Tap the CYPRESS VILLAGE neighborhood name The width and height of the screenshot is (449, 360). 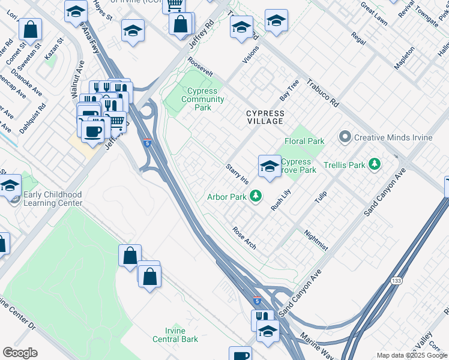(264, 117)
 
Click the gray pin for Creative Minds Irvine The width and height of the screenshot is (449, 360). (345, 137)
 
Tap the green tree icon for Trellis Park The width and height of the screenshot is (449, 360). (375, 164)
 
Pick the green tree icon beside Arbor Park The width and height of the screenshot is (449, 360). (256, 196)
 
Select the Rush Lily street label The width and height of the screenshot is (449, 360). (280, 199)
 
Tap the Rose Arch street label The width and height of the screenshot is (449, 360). (244, 236)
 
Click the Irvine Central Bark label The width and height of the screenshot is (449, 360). (175, 335)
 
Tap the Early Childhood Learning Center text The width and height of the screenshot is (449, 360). (53, 199)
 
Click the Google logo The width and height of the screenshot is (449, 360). (20, 353)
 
